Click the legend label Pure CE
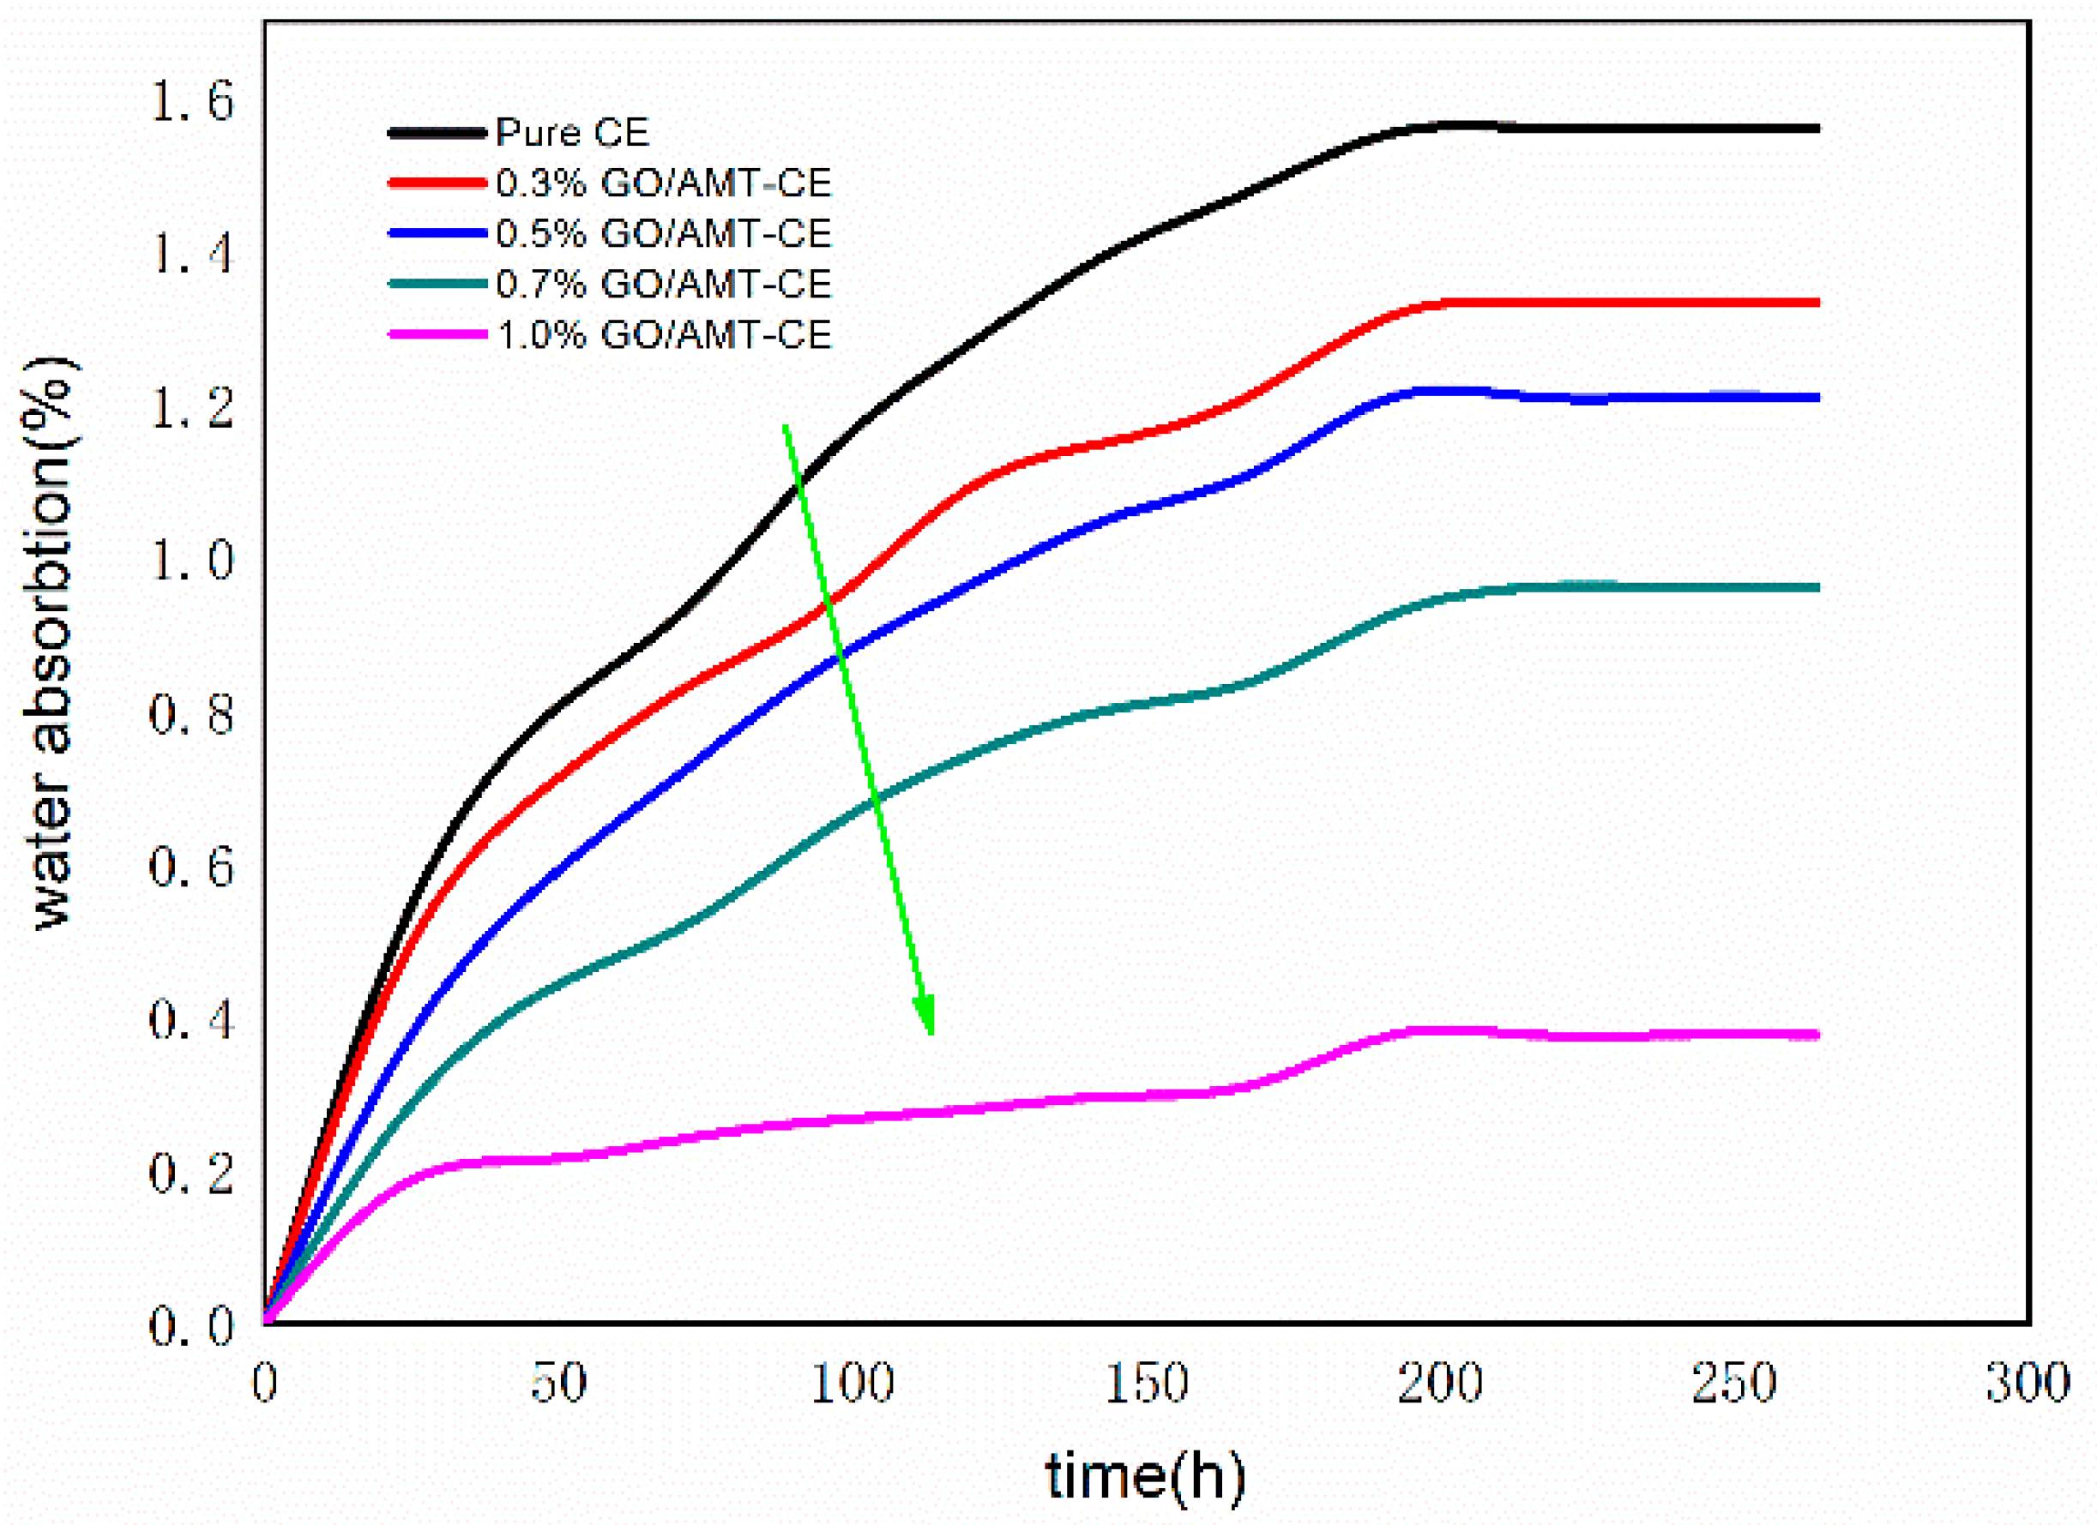pyautogui.click(x=572, y=133)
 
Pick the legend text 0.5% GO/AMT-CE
pyautogui.click(x=664, y=233)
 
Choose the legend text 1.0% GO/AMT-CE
pyautogui.click(x=664, y=333)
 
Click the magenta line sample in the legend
pyautogui.click(x=437, y=333)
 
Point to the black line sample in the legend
pyautogui.click(x=437, y=133)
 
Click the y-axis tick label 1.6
pyautogui.click(x=192, y=101)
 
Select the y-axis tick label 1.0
pyautogui.click(x=192, y=560)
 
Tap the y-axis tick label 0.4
pyautogui.click(x=192, y=1019)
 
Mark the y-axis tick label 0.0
pyautogui.click(x=192, y=1326)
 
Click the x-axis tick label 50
pyautogui.click(x=558, y=1384)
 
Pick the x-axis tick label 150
pyautogui.click(x=1147, y=1384)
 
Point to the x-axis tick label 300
pyautogui.click(x=2028, y=1384)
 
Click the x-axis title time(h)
pyautogui.click(x=1146, y=1476)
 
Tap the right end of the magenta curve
pyautogui.click(x=1817, y=1036)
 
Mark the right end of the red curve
pyautogui.click(x=1817, y=303)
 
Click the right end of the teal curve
pyautogui.click(x=1817, y=588)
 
